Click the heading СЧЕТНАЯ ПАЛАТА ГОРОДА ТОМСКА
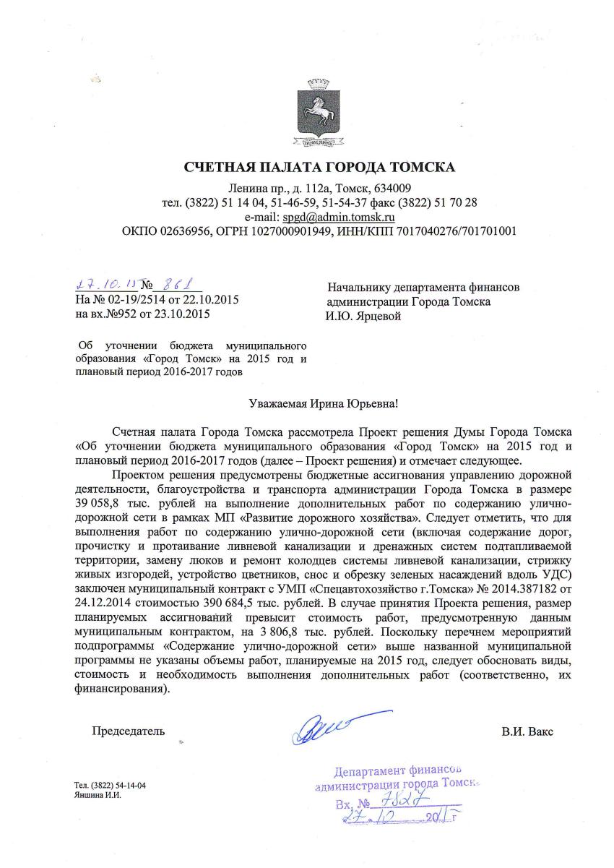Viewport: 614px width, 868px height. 319,168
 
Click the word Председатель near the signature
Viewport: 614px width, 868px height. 128,731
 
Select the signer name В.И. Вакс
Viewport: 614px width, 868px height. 527,731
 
